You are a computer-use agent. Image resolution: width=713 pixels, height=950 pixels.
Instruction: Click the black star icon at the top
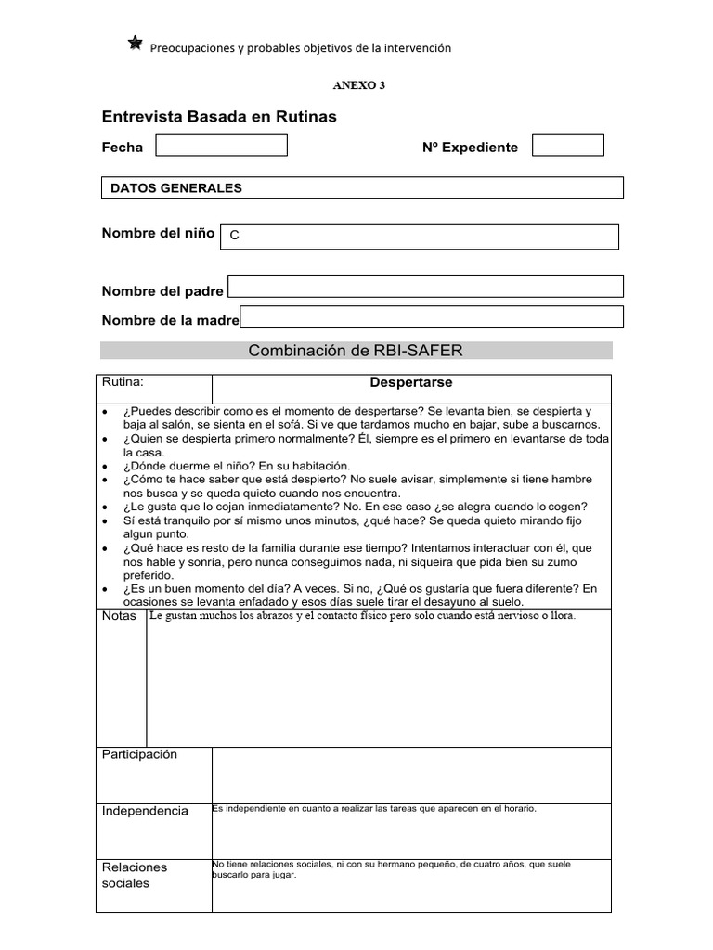pyautogui.click(x=136, y=44)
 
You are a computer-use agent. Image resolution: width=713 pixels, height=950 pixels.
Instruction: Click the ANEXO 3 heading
pyautogui.click(x=358, y=85)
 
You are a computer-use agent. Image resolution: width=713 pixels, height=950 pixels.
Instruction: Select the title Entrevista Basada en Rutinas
pyautogui.click(x=218, y=117)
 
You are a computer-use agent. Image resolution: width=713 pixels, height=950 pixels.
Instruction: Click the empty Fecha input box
pyautogui.click(x=221, y=145)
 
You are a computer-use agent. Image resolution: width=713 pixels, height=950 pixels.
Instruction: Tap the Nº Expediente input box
pyautogui.click(x=567, y=145)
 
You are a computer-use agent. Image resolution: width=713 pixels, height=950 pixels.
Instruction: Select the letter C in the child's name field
pyautogui.click(x=235, y=236)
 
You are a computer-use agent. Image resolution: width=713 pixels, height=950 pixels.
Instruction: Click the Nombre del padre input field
pyautogui.click(x=425, y=286)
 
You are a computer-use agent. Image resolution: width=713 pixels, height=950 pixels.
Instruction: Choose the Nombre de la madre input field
pyautogui.click(x=432, y=316)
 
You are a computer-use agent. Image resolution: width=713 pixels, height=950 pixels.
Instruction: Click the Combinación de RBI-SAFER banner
pyautogui.click(x=356, y=350)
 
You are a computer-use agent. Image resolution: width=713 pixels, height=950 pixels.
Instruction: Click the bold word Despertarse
pyautogui.click(x=410, y=382)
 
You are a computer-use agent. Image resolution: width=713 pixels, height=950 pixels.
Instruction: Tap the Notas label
pyautogui.click(x=120, y=616)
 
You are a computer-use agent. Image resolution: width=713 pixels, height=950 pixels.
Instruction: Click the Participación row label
pyautogui.click(x=139, y=755)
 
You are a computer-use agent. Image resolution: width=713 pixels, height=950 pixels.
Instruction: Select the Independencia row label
pyautogui.click(x=145, y=811)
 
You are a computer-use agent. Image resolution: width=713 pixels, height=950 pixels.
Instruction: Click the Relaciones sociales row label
pyautogui.click(x=135, y=875)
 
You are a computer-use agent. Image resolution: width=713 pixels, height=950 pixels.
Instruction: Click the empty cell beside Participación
pyautogui.click(x=411, y=775)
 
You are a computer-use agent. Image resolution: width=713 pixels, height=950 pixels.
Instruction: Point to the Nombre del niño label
pyautogui.click(x=158, y=233)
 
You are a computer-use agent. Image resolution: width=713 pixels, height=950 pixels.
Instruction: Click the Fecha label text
pyautogui.click(x=123, y=147)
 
